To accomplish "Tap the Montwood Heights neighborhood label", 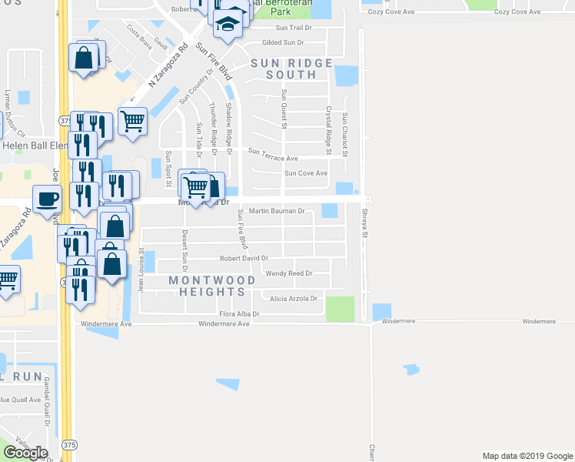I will (208, 286).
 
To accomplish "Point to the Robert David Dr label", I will (244, 259).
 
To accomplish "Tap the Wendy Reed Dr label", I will (289, 273).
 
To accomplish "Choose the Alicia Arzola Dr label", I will (293, 298).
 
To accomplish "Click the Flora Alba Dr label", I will (239, 314).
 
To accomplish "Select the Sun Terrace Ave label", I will (273, 158).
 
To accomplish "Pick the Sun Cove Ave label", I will (306, 173).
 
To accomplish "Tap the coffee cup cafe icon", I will (47, 199).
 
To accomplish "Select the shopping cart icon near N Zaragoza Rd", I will (132, 120).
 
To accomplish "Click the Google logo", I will (26, 453).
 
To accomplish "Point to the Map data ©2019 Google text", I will (527, 456).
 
